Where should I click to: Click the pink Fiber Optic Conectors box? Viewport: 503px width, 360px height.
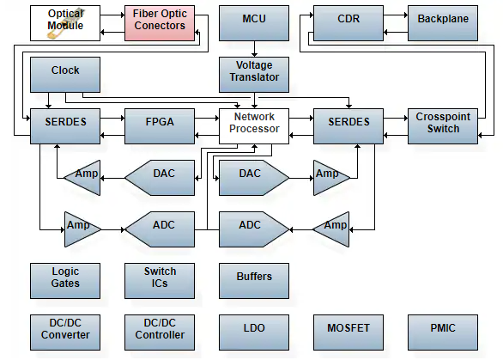[160, 23]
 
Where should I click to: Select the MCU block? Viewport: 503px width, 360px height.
[254, 23]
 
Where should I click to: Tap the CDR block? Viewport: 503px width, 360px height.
[348, 23]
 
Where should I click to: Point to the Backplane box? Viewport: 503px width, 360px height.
[443, 23]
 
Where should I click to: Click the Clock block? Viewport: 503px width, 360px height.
[65, 75]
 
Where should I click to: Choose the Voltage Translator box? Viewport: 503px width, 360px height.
[254, 75]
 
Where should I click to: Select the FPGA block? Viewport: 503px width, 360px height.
[160, 126]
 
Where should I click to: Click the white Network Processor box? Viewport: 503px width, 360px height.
[254, 126]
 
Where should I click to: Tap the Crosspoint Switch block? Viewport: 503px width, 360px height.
[443, 126]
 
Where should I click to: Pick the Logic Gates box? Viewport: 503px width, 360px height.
[65, 281]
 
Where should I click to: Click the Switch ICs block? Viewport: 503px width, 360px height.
[160, 281]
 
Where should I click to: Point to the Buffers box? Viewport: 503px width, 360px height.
[254, 281]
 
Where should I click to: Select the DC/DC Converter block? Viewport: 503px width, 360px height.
[65, 333]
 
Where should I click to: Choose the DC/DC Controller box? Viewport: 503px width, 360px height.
[160, 333]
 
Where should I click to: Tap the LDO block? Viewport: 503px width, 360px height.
[254, 333]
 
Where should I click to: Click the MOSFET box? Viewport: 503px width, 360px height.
[348, 333]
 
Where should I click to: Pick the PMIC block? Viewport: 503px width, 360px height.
[443, 333]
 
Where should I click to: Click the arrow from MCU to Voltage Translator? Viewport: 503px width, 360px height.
[254, 49]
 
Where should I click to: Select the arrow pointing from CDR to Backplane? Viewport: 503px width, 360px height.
[396, 15]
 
